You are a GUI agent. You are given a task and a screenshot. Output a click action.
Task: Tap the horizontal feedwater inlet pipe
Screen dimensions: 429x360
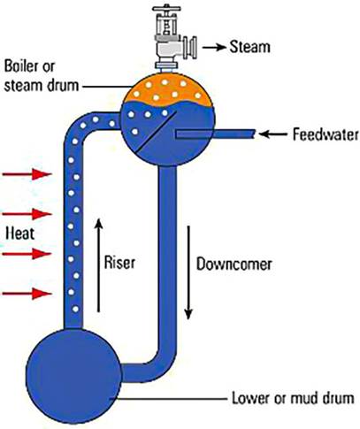[217, 134]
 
